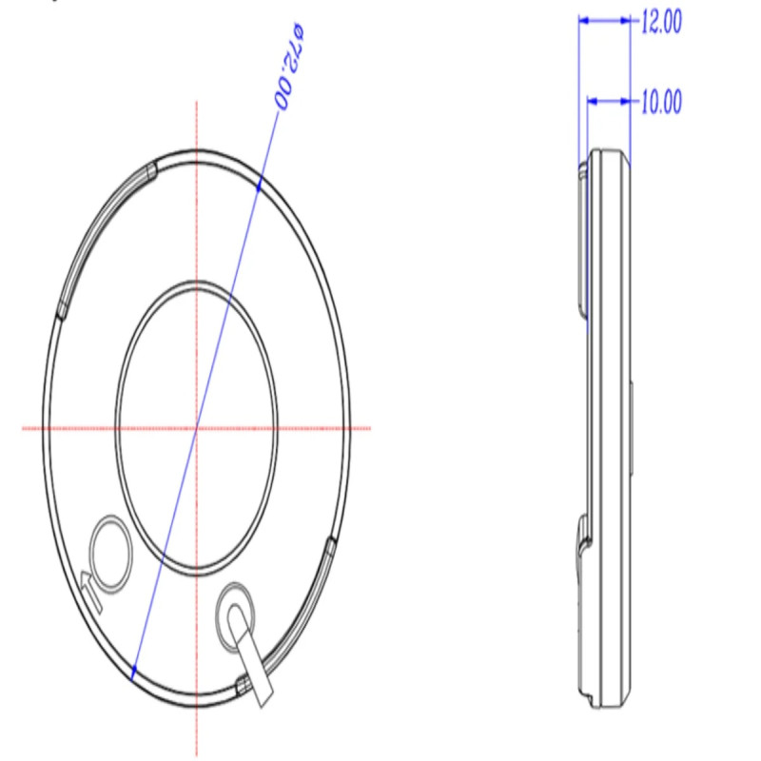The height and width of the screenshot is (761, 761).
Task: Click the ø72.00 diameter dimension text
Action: tap(288, 66)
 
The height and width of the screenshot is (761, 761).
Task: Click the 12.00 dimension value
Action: tap(661, 22)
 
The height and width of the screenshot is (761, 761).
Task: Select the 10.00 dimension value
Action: tap(661, 102)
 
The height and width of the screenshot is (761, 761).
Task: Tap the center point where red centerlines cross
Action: tap(197, 428)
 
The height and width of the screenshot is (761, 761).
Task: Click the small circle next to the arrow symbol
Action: tap(111, 555)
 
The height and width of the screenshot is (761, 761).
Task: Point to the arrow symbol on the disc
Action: tap(92, 591)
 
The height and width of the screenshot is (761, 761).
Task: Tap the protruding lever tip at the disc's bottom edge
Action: tap(264, 695)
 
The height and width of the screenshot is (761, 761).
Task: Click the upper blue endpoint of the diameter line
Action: tap(259, 185)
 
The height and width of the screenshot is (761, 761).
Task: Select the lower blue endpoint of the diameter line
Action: tap(133, 672)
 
